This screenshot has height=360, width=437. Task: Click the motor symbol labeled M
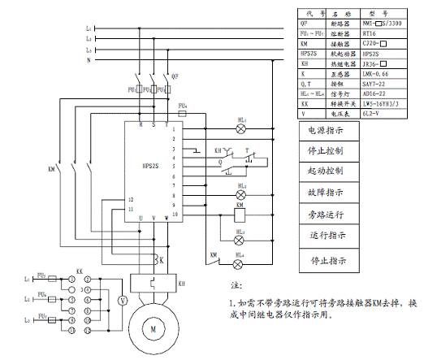click(x=152, y=328)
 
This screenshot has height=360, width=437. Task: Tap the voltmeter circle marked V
click(x=123, y=300)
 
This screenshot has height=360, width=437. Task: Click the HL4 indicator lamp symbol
click(x=240, y=264)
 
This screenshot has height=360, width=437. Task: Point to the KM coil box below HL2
click(x=240, y=215)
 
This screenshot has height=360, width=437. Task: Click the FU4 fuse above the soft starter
click(x=182, y=115)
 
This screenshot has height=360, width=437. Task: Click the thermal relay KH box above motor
click(x=152, y=286)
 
